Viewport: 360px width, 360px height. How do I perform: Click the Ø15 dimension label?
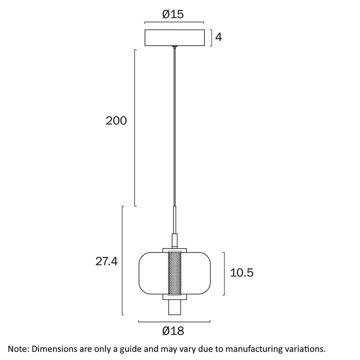point(173,14)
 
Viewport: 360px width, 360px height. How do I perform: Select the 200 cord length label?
point(116,120)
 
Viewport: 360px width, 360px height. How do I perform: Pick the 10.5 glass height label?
point(242,272)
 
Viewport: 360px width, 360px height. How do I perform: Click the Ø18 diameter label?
point(173,330)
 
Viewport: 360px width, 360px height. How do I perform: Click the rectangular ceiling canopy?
point(174,38)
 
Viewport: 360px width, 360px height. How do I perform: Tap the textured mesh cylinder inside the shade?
point(174,273)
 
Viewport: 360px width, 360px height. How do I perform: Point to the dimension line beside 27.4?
point(123,260)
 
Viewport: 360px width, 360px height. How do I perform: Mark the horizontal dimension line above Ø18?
point(174,320)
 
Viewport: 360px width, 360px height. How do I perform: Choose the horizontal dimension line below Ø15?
point(174,22)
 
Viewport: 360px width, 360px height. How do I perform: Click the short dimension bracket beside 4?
point(210,38)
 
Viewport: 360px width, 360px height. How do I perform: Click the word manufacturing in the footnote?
point(249,348)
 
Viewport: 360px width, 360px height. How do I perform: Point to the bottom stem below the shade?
point(174,308)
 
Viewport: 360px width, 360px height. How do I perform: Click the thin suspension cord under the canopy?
point(174,125)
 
